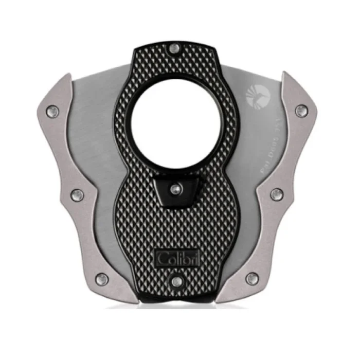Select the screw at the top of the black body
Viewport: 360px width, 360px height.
pyautogui.click(x=176, y=49)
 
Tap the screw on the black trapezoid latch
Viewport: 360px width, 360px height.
pyautogui.click(x=176, y=188)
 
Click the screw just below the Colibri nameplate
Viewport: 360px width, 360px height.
pyautogui.click(x=176, y=281)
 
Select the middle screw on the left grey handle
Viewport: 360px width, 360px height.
pyautogui.click(x=77, y=194)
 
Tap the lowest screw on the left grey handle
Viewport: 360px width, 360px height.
pyautogui.click(x=102, y=279)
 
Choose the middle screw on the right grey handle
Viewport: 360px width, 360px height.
pyautogui.click(x=276, y=194)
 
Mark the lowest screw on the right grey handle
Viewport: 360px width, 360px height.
pyautogui.click(x=251, y=279)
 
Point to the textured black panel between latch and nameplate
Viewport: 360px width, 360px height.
pyautogui.click(x=176, y=226)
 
